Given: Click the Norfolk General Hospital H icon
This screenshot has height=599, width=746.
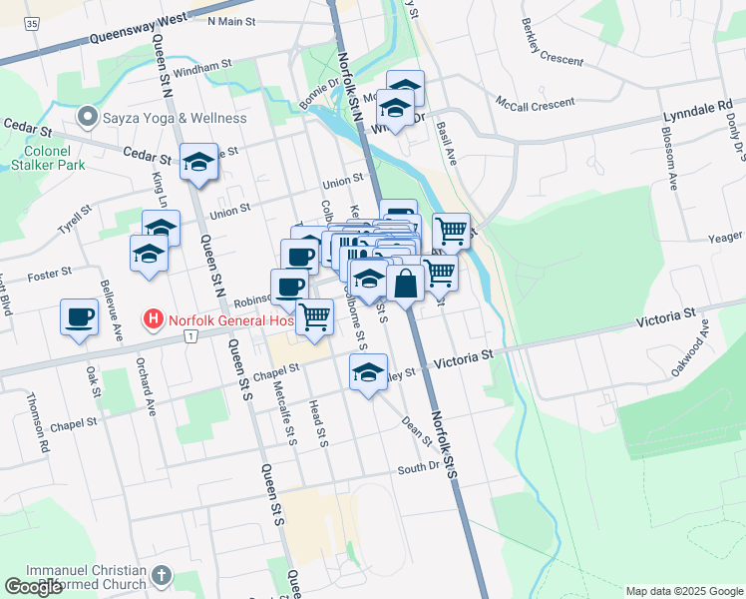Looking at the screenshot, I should [154, 320].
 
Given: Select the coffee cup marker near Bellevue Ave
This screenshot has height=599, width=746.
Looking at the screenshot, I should [80, 318].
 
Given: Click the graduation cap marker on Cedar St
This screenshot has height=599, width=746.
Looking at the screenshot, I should [198, 163].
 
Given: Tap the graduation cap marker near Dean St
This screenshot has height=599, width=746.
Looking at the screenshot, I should [368, 374].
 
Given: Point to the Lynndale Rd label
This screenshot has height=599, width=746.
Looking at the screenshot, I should [697, 106].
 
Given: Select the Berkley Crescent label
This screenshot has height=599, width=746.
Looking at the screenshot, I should [550, 47].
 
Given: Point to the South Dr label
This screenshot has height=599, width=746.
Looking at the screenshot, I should [418, 467].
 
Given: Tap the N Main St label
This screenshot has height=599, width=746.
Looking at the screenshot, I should [231, 21].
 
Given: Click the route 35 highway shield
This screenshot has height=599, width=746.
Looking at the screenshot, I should [34, 20].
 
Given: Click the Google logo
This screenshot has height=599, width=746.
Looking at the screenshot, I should [34, 586].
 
